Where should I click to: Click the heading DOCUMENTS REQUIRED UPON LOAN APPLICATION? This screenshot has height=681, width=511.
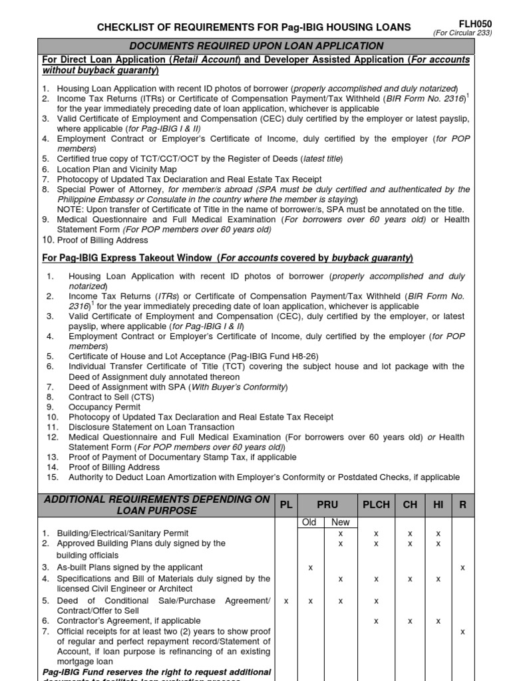click(256, 46)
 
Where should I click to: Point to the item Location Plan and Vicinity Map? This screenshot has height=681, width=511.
click(121, 170)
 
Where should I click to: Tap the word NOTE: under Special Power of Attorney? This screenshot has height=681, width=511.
click(72, 209)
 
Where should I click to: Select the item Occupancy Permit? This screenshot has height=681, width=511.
click(104, 407)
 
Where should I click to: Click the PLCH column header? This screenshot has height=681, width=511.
click(376, 505)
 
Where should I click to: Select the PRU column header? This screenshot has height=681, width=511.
click(327, 505)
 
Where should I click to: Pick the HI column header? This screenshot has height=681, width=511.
click(438, 505)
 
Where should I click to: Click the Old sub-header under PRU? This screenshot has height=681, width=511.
click(309, 523)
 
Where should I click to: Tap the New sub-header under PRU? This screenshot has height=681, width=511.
click(340, 523)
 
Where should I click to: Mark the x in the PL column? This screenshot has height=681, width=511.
click(286, 601)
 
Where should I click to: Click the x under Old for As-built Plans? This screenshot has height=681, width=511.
click(310, 567)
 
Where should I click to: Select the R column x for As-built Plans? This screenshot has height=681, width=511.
click(462, 567)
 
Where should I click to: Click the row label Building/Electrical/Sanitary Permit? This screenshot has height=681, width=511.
click(122, 533)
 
